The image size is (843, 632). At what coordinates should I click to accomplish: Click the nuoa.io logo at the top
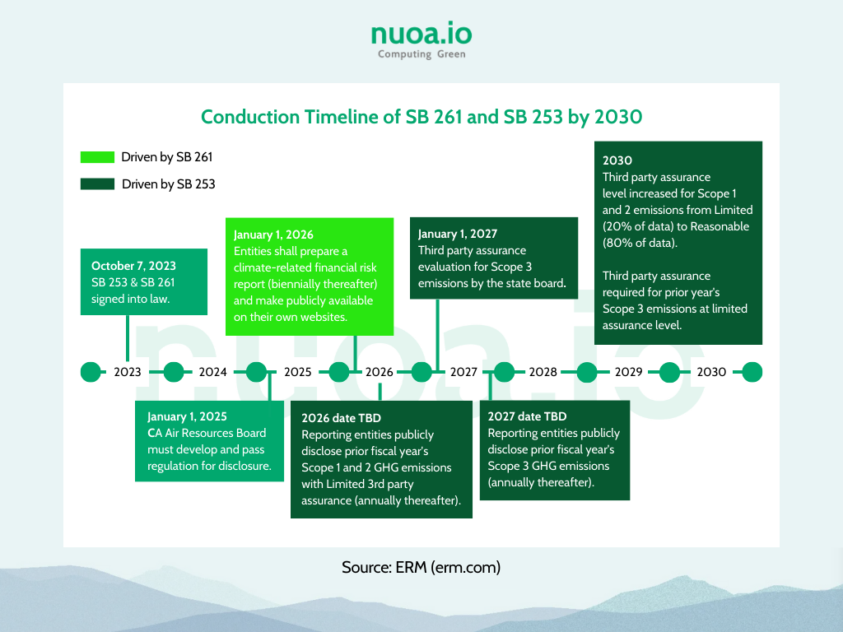421,40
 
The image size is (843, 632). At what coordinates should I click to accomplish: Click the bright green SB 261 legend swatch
97,157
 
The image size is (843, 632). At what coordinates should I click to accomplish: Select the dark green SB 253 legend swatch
97,184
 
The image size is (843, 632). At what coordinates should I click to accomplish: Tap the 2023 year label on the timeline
128,372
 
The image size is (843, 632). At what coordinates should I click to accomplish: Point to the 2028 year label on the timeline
543,372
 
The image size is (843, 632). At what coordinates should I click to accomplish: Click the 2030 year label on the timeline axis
711,372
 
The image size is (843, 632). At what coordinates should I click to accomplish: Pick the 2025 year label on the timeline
298,372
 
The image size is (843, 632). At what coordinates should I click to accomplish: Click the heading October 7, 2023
133,266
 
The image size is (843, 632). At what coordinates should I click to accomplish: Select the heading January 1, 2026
273,235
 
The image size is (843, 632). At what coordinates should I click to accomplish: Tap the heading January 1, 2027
458,234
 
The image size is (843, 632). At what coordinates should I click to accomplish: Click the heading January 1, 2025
187,416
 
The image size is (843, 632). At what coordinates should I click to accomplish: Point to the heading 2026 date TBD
341,418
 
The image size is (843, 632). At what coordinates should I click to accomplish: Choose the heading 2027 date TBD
527,416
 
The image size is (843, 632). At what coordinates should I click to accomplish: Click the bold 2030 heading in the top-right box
617,160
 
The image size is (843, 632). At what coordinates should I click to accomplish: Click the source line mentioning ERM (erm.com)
421,567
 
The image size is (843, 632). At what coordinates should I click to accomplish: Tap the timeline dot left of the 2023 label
91,372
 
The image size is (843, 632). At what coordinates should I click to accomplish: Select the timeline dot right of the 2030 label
752,372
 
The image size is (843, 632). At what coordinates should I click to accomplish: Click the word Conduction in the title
250,117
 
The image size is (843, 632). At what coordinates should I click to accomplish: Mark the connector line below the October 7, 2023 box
128,338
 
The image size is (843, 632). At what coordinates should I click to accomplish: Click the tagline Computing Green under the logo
421,53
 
